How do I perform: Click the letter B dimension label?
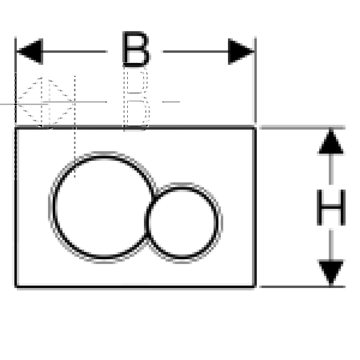(x=136, y=49)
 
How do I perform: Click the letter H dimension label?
(x=331, y=208)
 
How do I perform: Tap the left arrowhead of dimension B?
(x=30, y=51)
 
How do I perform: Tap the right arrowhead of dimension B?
(x=241, y=51)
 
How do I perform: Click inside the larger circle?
(x=102, y=207)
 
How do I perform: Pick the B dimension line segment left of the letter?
(x=75, y=51)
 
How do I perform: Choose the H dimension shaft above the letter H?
(x=331, y=169)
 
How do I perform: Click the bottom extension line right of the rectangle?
(x=302, y=286)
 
